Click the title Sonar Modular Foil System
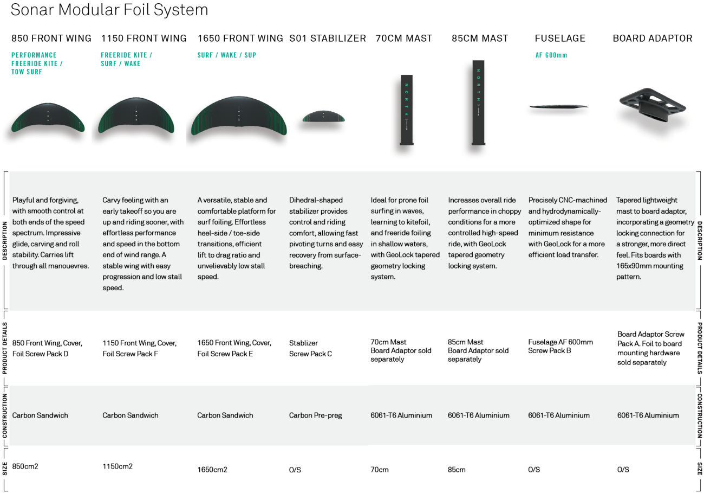[109, 10]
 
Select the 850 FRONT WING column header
[51, 39]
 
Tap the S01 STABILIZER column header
[328, 39]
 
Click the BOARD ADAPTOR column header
[652, 39]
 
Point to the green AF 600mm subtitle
[551, 55]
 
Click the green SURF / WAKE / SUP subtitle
[227, 55]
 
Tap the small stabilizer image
[323, 116]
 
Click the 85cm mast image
[478, 103]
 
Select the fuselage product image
[558, 107]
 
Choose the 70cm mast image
[406, 110]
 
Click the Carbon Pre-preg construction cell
[315, 415]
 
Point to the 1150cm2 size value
[118, 466]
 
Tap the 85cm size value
[457, 470]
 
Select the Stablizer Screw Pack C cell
[310, 348]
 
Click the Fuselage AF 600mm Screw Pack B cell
[560, 346]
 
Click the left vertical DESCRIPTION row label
[5, 240]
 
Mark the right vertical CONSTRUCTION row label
[699, 415]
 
